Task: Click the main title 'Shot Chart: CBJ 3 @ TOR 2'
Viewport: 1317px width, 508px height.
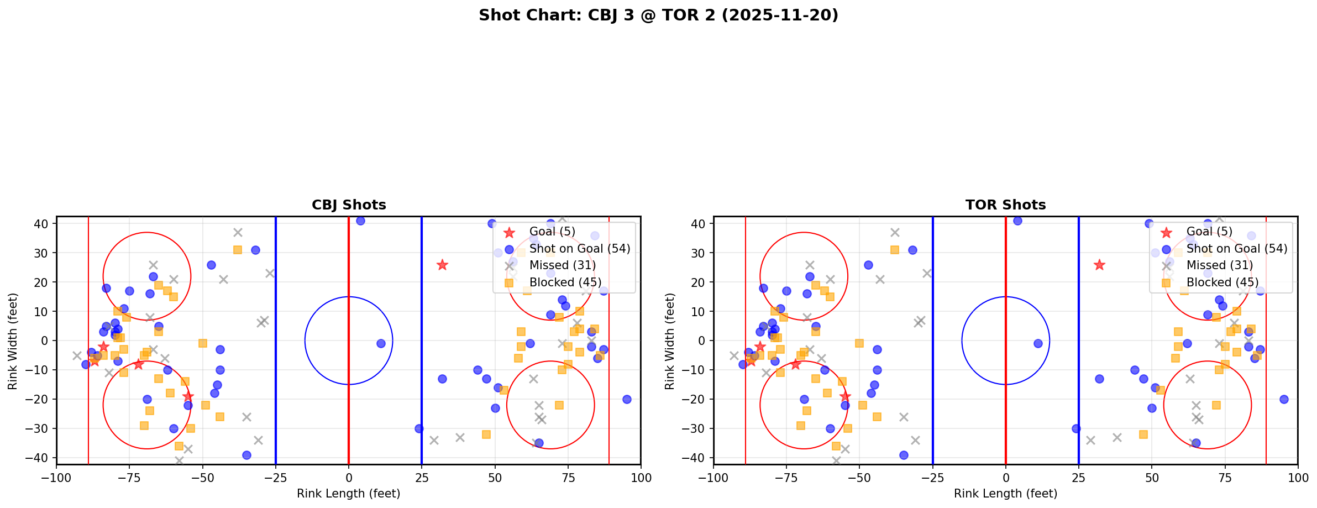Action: [x=658, y=15]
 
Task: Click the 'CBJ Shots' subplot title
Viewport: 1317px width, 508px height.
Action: [x=349, y=205]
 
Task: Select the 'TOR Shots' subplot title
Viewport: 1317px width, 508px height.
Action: [x=1005, y=205]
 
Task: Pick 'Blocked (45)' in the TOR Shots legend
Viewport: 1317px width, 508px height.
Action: [x=1222, y=282]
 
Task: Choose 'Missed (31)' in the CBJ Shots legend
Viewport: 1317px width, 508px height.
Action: [x=562, y=265]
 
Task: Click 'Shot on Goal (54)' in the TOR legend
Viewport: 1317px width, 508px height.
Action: [x=1237, y=249]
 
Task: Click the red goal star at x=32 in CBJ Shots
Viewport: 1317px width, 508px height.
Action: [x=442, y=265]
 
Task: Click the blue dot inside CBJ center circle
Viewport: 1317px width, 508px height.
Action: [x=381, y=343]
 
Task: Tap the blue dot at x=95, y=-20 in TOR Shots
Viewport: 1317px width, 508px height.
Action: [x=1283, y=399]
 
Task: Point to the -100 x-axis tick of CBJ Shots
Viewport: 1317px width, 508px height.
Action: [x=56, y=477]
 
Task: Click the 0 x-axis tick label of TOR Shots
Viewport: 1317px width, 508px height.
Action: [x=1005, y=477]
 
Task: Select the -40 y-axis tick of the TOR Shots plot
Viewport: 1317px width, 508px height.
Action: [x=698, y=458]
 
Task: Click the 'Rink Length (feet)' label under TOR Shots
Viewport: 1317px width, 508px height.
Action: [x=1005, y=494]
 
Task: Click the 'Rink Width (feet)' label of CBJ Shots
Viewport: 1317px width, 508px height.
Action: [x=13, y=341]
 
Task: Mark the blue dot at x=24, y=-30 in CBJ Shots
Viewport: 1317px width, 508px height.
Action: [x=419, y=428]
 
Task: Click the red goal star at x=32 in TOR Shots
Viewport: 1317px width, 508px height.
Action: [x=1099, y=265]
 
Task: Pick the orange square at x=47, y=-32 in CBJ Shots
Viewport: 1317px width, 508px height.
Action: [x=486, y=434]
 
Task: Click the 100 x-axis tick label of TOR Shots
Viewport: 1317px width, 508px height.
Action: [x=1297, y=477]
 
